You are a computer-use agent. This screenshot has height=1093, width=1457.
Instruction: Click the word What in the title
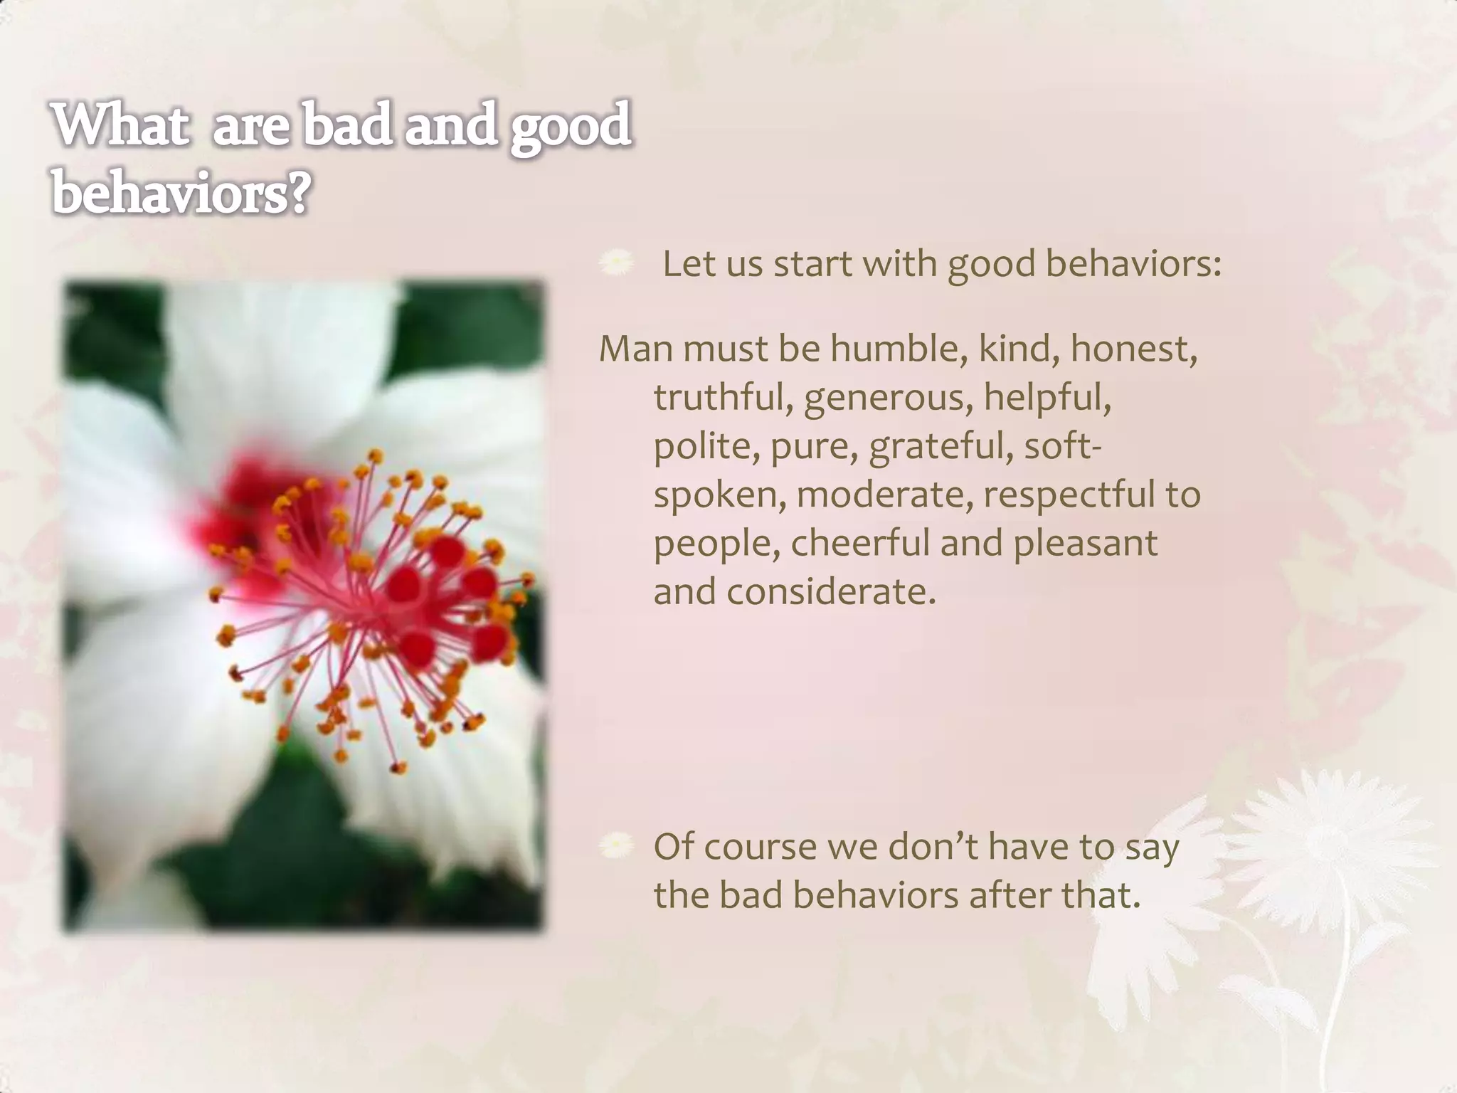(x=121, y=125)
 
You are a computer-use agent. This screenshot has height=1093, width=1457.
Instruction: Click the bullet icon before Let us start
(x=616, y=264)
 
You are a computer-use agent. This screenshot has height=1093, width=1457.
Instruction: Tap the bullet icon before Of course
(x=616, y=847)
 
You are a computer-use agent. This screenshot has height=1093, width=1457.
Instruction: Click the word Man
(x=635, y=349)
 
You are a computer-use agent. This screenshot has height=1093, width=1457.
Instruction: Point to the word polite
(x=706, y=447)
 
